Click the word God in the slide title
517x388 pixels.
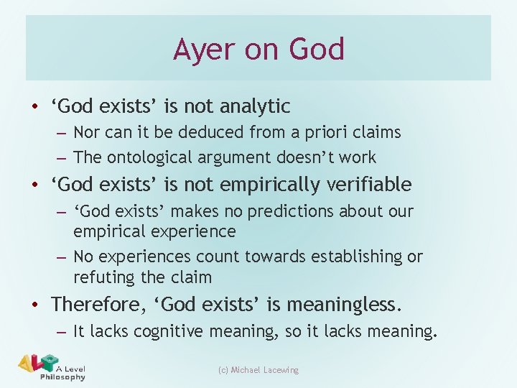[x=317, y=50]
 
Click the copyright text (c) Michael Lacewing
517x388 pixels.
[x=258, y=370]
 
